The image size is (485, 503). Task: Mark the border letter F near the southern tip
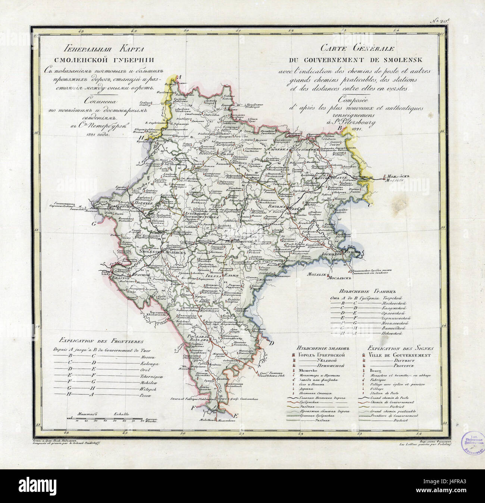click(193, 408)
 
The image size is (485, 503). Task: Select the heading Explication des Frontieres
click(101, 341)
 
